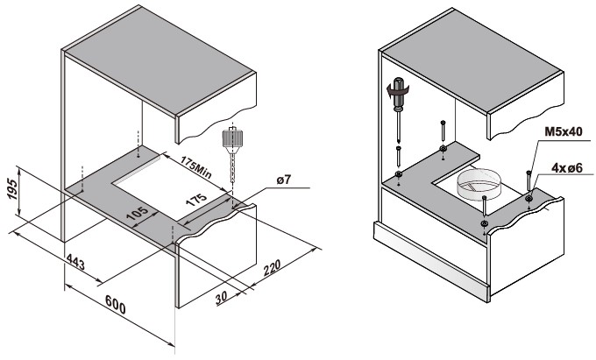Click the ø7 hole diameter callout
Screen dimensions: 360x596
(x=283, y=180)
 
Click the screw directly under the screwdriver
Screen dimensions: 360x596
(x=400, y=158)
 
